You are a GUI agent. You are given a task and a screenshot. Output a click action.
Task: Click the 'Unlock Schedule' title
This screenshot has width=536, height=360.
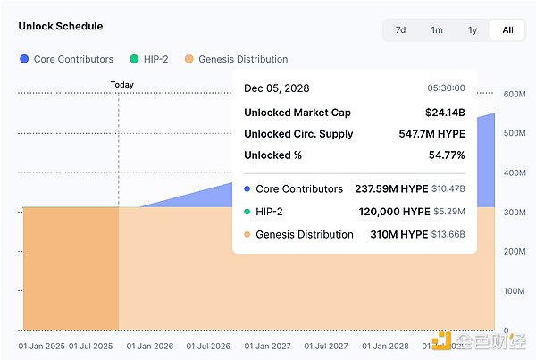60,27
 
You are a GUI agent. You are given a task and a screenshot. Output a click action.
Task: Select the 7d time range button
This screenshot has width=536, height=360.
400,30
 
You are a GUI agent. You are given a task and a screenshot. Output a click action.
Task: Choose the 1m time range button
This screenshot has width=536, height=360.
437,30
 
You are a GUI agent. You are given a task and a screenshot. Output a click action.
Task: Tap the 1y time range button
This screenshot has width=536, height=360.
472,30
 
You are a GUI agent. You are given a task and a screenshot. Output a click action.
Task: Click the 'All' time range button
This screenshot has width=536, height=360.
507,30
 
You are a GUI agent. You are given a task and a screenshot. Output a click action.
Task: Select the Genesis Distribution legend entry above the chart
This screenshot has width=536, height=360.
236,59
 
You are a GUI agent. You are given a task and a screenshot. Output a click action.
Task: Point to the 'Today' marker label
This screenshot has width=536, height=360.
121,85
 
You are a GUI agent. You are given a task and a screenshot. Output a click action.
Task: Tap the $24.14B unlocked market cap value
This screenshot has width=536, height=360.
445,113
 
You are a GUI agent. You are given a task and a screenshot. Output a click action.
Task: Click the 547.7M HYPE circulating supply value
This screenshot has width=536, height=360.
431,134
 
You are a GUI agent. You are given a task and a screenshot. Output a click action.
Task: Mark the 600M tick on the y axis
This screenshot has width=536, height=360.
515,94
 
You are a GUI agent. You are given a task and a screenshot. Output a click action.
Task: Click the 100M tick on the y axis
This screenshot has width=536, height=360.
515,291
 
